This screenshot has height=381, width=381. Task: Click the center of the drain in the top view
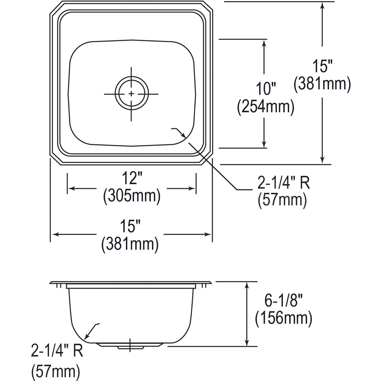131,93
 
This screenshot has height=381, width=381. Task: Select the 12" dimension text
131,179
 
